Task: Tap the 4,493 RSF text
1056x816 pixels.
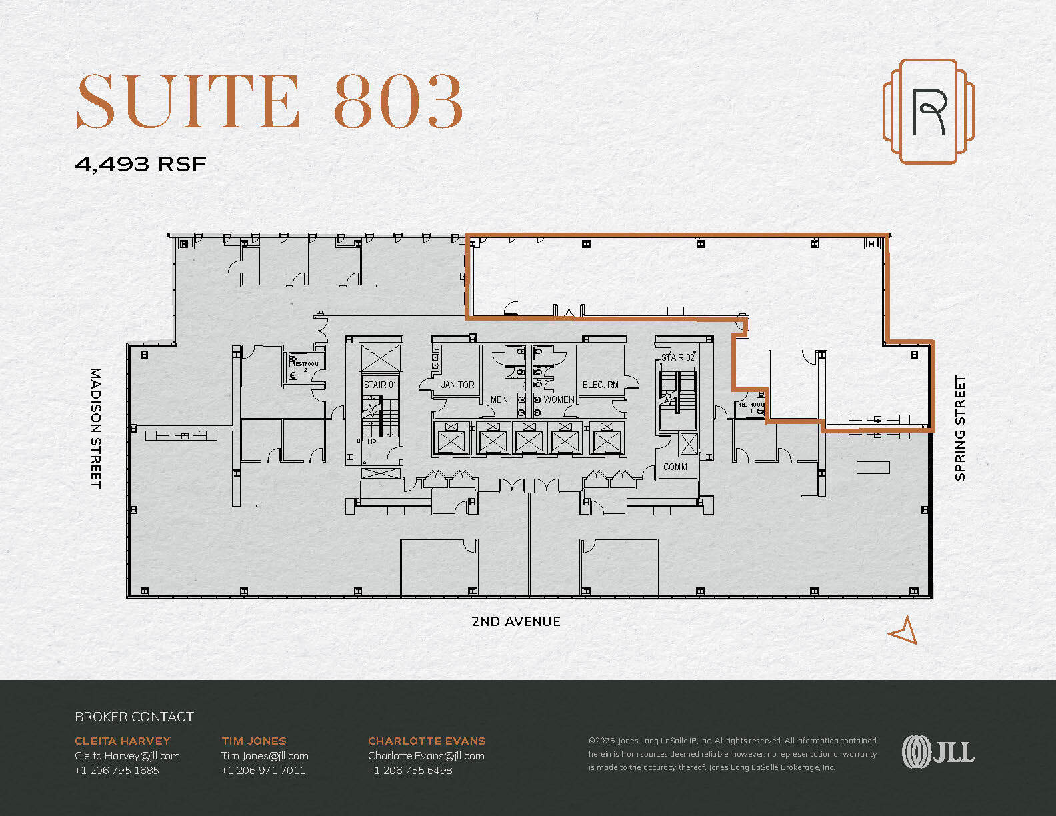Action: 141,164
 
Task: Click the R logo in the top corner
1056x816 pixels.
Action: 929,111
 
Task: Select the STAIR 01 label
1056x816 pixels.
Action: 380,385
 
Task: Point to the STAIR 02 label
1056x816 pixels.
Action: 678,357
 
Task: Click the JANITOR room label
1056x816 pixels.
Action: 457,385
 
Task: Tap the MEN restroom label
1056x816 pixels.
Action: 499,399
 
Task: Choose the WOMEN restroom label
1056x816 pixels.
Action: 559,399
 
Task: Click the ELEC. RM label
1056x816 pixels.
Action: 601,385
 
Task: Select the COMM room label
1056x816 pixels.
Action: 675,467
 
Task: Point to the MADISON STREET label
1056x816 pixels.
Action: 96,428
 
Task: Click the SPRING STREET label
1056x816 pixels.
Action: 960,428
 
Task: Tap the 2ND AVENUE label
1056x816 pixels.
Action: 516,621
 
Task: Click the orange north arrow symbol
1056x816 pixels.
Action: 904,630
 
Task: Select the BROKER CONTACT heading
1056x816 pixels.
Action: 134,717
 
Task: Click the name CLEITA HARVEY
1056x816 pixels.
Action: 123,741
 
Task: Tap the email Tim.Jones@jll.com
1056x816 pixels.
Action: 265,755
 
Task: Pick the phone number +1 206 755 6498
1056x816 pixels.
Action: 410,770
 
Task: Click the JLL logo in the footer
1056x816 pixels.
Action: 938,752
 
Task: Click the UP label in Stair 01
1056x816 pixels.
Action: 372,442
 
